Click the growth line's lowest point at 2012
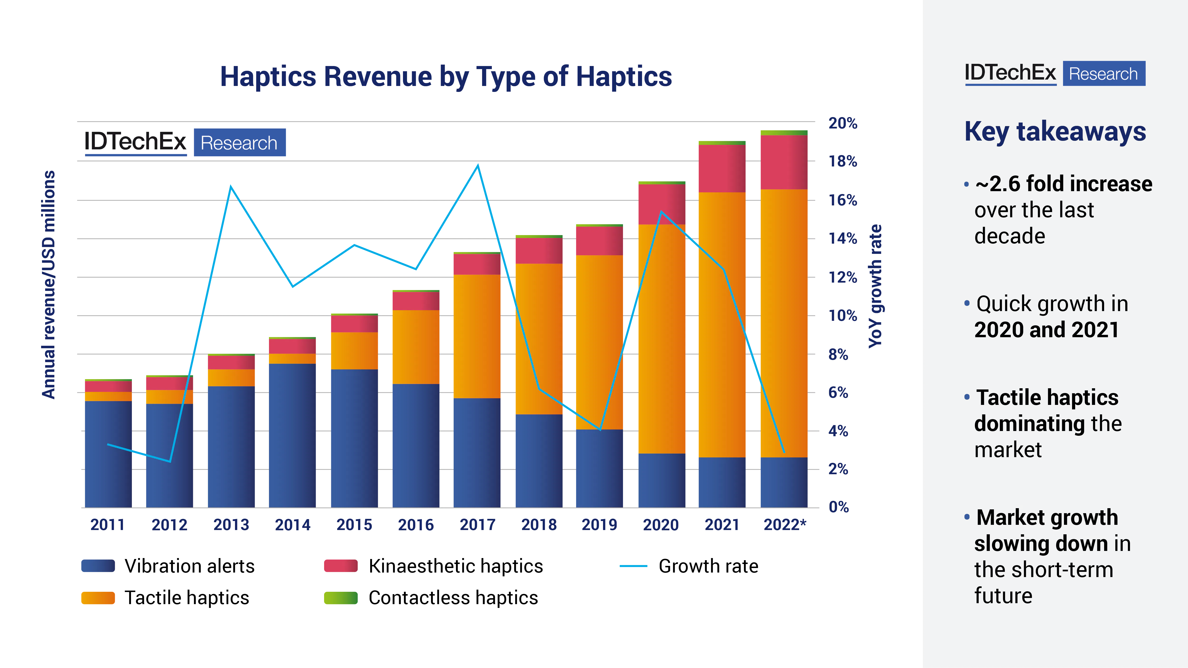click(x=170, y=461)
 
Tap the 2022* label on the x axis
click(x=785, y=525)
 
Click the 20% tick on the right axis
click(x=842, y=123)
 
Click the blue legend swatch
click(x=98, y=566)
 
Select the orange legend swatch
click(x=98, y=598)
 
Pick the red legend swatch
click(x=341, y=566)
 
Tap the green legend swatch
click(x=341, y=598)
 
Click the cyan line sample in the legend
click(x=634, y=566)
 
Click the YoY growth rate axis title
click(x=875, y=286)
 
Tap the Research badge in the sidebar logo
click(x=1104, y=74)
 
